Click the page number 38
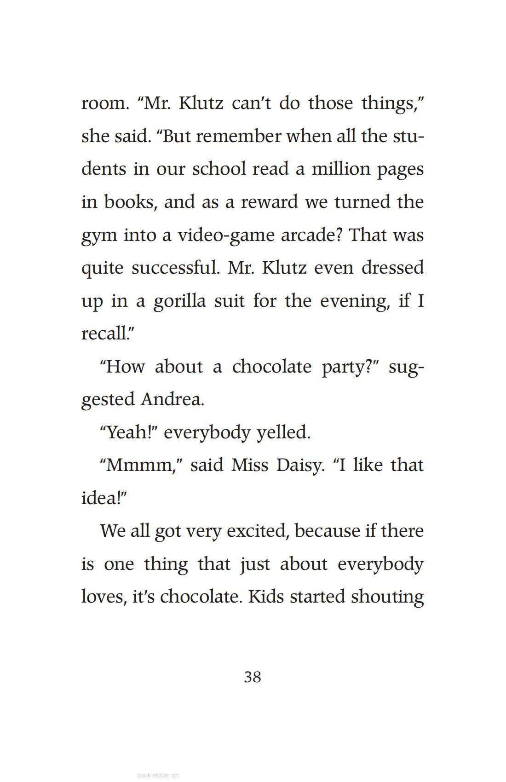253,677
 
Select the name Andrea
172,399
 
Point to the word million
341,169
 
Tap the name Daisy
300,465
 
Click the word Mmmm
138,465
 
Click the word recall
104,333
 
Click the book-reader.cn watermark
158,775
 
